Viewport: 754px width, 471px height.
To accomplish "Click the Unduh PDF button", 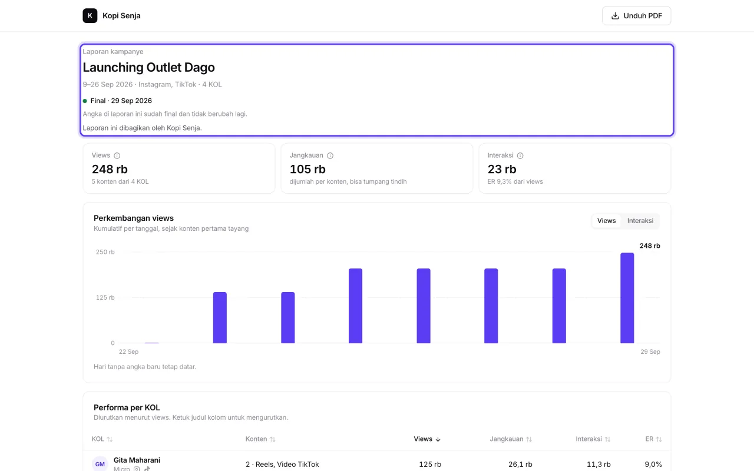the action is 636,16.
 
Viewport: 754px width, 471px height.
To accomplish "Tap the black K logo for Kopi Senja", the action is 90,16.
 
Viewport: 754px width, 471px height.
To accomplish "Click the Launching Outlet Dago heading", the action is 149,67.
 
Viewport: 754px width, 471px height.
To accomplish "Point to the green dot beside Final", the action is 85,101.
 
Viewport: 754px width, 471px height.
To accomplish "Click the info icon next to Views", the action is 117,155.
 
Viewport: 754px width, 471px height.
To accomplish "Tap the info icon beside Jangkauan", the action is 330,155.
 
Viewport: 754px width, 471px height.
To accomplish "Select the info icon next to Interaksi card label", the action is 520,155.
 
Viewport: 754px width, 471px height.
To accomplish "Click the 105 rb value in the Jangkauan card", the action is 307,169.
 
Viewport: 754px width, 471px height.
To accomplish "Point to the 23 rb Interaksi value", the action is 502,169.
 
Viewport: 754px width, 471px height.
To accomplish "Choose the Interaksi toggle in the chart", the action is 640,221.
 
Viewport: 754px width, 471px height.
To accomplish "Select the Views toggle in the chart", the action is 606,221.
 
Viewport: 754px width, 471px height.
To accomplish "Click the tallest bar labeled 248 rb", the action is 627,298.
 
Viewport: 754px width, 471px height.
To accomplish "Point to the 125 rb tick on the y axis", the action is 105,297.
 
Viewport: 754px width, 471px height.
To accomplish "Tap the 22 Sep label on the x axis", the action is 128,351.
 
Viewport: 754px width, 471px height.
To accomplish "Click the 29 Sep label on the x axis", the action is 650,351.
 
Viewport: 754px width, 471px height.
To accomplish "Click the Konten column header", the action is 260,439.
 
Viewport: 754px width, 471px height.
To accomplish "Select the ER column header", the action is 653,439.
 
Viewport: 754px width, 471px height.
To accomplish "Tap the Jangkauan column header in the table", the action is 511,439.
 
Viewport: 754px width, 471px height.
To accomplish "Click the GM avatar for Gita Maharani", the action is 100,464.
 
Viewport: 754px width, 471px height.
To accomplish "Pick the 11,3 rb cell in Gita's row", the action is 598,465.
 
